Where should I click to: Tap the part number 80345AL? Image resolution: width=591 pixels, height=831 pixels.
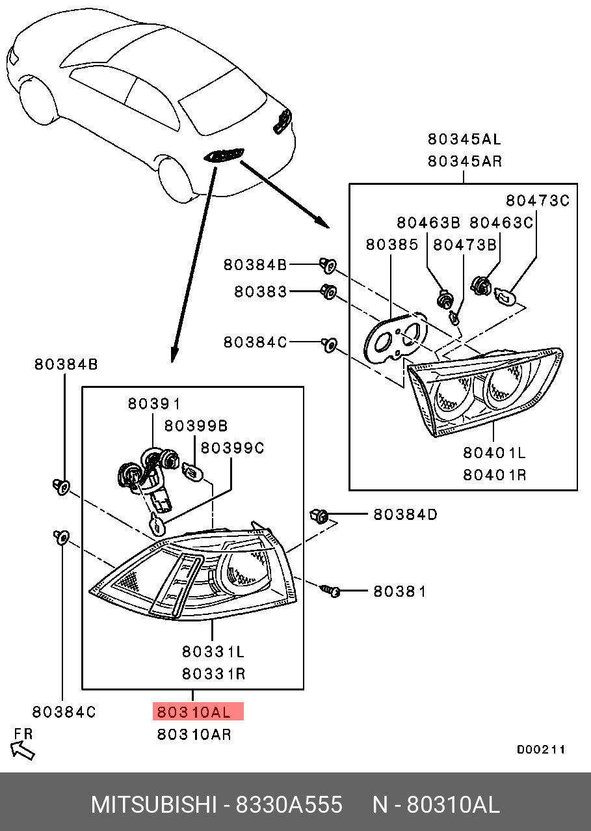pos(464,139)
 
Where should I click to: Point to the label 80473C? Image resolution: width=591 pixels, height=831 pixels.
pos(538,200)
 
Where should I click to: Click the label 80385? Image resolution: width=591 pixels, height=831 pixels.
pos(392,245)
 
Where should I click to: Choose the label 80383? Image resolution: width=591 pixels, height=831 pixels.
pos(261,292)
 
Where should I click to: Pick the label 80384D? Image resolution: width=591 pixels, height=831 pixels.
pos(405,515)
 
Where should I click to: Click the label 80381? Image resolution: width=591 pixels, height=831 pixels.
pos(400,592)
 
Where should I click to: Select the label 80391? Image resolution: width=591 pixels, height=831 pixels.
pos(154,403)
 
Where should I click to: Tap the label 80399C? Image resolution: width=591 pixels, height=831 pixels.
pos(233,448)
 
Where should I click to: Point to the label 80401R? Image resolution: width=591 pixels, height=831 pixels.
pos(495,475)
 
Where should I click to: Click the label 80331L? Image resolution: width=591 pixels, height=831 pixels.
pos(213,652)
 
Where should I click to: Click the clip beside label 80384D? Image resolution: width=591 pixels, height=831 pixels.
pos(319,515)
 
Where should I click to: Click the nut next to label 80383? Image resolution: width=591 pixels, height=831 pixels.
pos(329,292)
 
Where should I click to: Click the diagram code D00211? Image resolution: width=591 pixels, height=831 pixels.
pos(541,750)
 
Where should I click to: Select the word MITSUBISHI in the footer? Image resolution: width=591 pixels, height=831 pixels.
pos(154,806)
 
